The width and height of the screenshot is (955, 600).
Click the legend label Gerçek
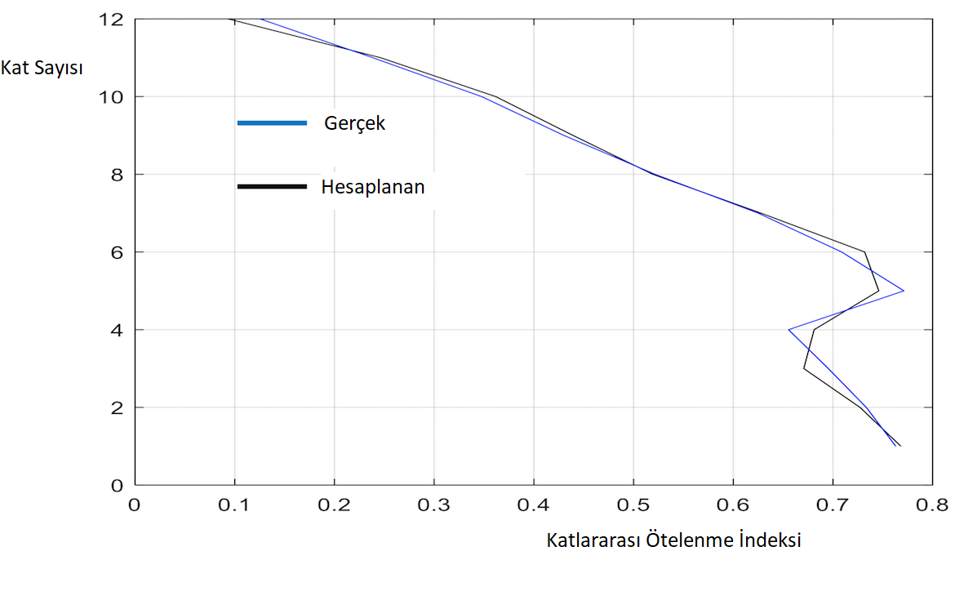[x=354, y=123]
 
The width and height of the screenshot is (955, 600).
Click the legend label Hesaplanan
[x=373, y=187]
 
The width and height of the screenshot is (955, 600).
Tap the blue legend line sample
[x=272, y=123]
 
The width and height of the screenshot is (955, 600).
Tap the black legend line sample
[x=272, y=187]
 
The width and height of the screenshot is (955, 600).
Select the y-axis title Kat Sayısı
[x=42, y=67]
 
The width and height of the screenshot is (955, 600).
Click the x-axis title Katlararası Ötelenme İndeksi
[x=673, y=540]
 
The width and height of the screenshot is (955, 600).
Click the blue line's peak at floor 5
[x=904, y=291]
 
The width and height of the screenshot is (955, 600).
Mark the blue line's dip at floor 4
[x=788, y=330]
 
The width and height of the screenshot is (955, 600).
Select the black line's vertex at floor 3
[x=804, y=368]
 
